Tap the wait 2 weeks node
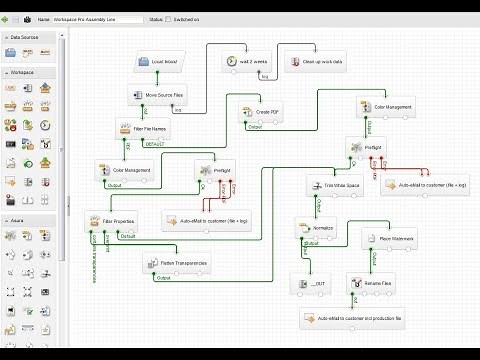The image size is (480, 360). click(x=246, y=63)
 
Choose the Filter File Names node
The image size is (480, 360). click(x=144, y=130)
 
